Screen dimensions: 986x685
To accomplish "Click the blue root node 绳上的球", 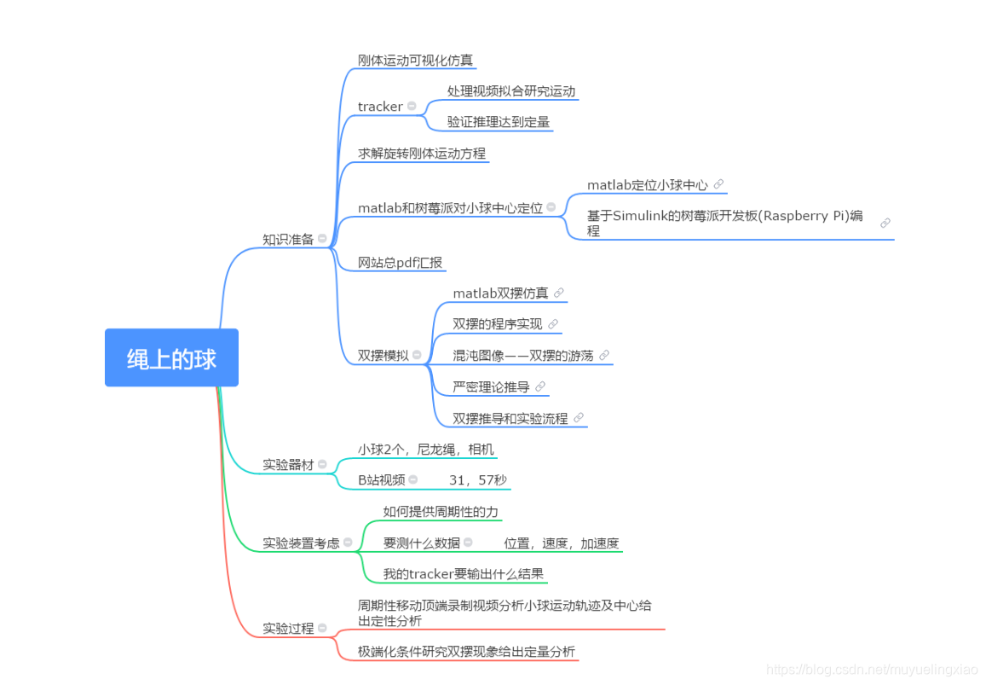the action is (171, 358).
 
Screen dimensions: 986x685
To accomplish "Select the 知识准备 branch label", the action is (288, 239).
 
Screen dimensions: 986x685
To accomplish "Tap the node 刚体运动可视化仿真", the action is (415, 61).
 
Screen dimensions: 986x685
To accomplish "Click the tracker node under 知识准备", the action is (380, 107).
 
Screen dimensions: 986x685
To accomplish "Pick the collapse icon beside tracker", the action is (412, 107).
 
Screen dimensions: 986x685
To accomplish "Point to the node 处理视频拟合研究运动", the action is (511, 91).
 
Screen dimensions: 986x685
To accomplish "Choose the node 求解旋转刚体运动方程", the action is (422, 154).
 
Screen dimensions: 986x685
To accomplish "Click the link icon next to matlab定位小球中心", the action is (718, 184).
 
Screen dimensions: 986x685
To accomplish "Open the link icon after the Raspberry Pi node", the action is (885, 223).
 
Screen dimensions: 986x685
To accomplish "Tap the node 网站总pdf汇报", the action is (401, 263).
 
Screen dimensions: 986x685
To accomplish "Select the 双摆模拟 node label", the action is (383, 355).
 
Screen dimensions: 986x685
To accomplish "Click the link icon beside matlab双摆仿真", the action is (559, 293).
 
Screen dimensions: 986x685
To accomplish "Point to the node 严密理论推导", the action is (491, 386).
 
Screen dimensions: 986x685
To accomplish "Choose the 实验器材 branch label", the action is (288, 465).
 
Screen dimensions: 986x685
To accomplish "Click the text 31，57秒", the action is (477, 480).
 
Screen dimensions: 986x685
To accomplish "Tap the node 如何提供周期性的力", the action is (441, 512).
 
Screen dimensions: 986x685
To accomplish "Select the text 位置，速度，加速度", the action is (561, 543).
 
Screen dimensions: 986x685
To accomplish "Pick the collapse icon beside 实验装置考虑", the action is (348, 543).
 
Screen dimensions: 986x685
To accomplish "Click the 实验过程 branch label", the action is (288, 629).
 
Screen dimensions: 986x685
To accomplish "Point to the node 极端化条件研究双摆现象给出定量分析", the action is (466, 652).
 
